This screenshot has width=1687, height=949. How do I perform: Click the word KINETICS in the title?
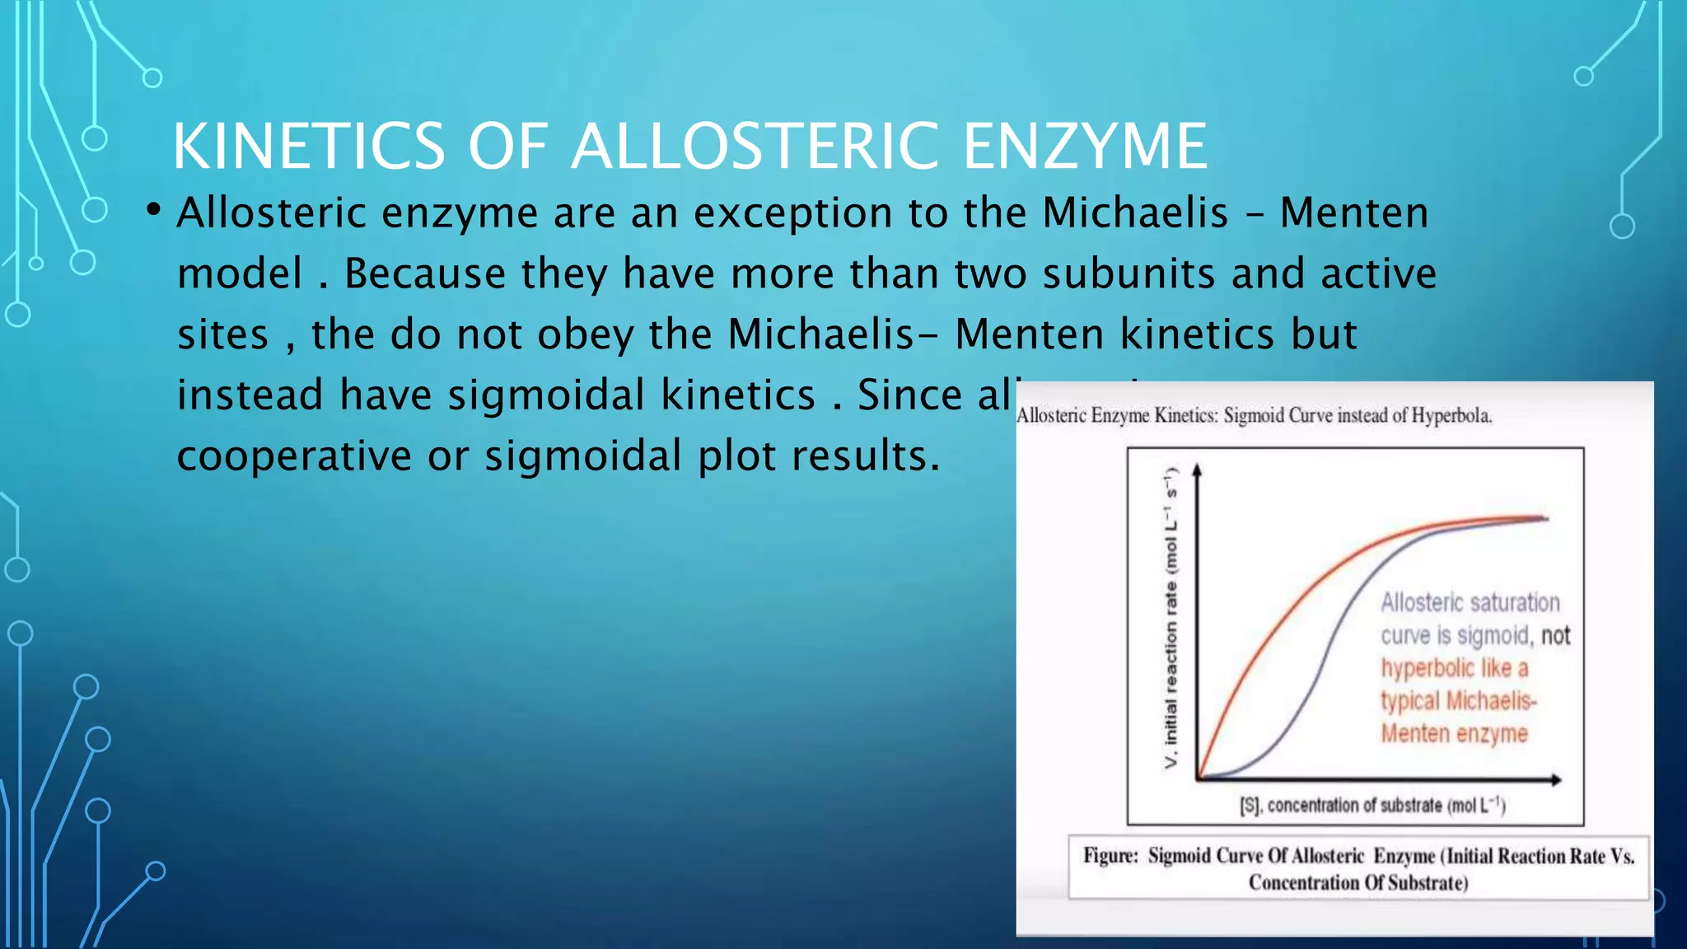(x=309, y=147)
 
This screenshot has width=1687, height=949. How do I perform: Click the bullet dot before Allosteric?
(x=153, y=211)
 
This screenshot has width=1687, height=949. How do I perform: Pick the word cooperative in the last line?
(x=293, y=456)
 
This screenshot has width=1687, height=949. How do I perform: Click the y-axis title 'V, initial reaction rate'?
(x=1171, y=618)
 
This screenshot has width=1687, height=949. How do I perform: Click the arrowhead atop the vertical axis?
(x=1197, y=469)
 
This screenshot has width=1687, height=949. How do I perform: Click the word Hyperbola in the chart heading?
(x=1451, y=415)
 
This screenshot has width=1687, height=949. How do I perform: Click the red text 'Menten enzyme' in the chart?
(x=1454, y=733)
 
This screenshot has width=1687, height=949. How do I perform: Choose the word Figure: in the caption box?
(x=1110, y=856)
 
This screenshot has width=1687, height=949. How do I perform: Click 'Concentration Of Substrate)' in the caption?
(x=1358, y=883)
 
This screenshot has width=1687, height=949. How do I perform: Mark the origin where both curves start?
(x=1199, y=777)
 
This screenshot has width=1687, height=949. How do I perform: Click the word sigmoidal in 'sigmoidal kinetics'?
(x=546, y=395)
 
